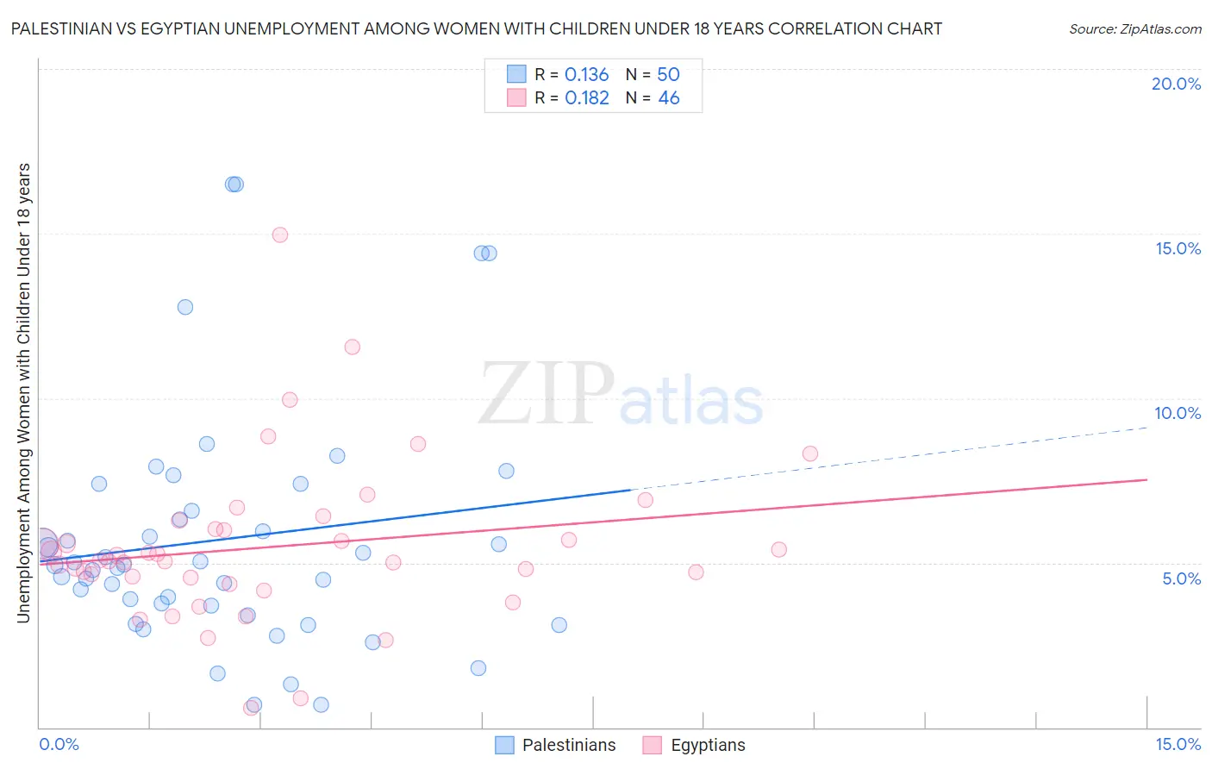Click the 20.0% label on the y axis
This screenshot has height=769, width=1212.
click(1176, 84)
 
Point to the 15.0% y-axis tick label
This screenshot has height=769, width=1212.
click(1178, 248)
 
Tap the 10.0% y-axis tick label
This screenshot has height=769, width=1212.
click(1178, 413)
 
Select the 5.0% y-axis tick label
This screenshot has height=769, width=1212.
click(1181, 578)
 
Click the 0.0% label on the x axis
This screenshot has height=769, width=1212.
click(59, 744)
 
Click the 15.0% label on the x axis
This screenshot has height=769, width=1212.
click(1178, 744)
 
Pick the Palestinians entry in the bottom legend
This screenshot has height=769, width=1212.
click(569, 745)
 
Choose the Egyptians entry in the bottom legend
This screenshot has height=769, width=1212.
click(708, 745)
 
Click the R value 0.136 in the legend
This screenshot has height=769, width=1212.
click(586, 75)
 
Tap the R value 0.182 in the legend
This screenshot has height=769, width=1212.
click(586, 98)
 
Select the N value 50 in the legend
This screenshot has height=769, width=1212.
click(668, 75)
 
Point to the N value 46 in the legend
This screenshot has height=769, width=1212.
click(668, 98)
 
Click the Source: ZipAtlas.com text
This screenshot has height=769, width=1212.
click(1134, 28)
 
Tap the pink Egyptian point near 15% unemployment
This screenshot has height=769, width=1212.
click(279, 234)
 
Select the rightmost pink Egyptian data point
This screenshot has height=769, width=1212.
click(809, 453)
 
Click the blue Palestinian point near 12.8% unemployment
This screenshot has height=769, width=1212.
click(185, 307)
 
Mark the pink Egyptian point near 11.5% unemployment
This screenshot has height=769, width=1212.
click(352, 347)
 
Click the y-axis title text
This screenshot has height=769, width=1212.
click(23, 392)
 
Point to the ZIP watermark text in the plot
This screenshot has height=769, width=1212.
click(547, 394)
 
